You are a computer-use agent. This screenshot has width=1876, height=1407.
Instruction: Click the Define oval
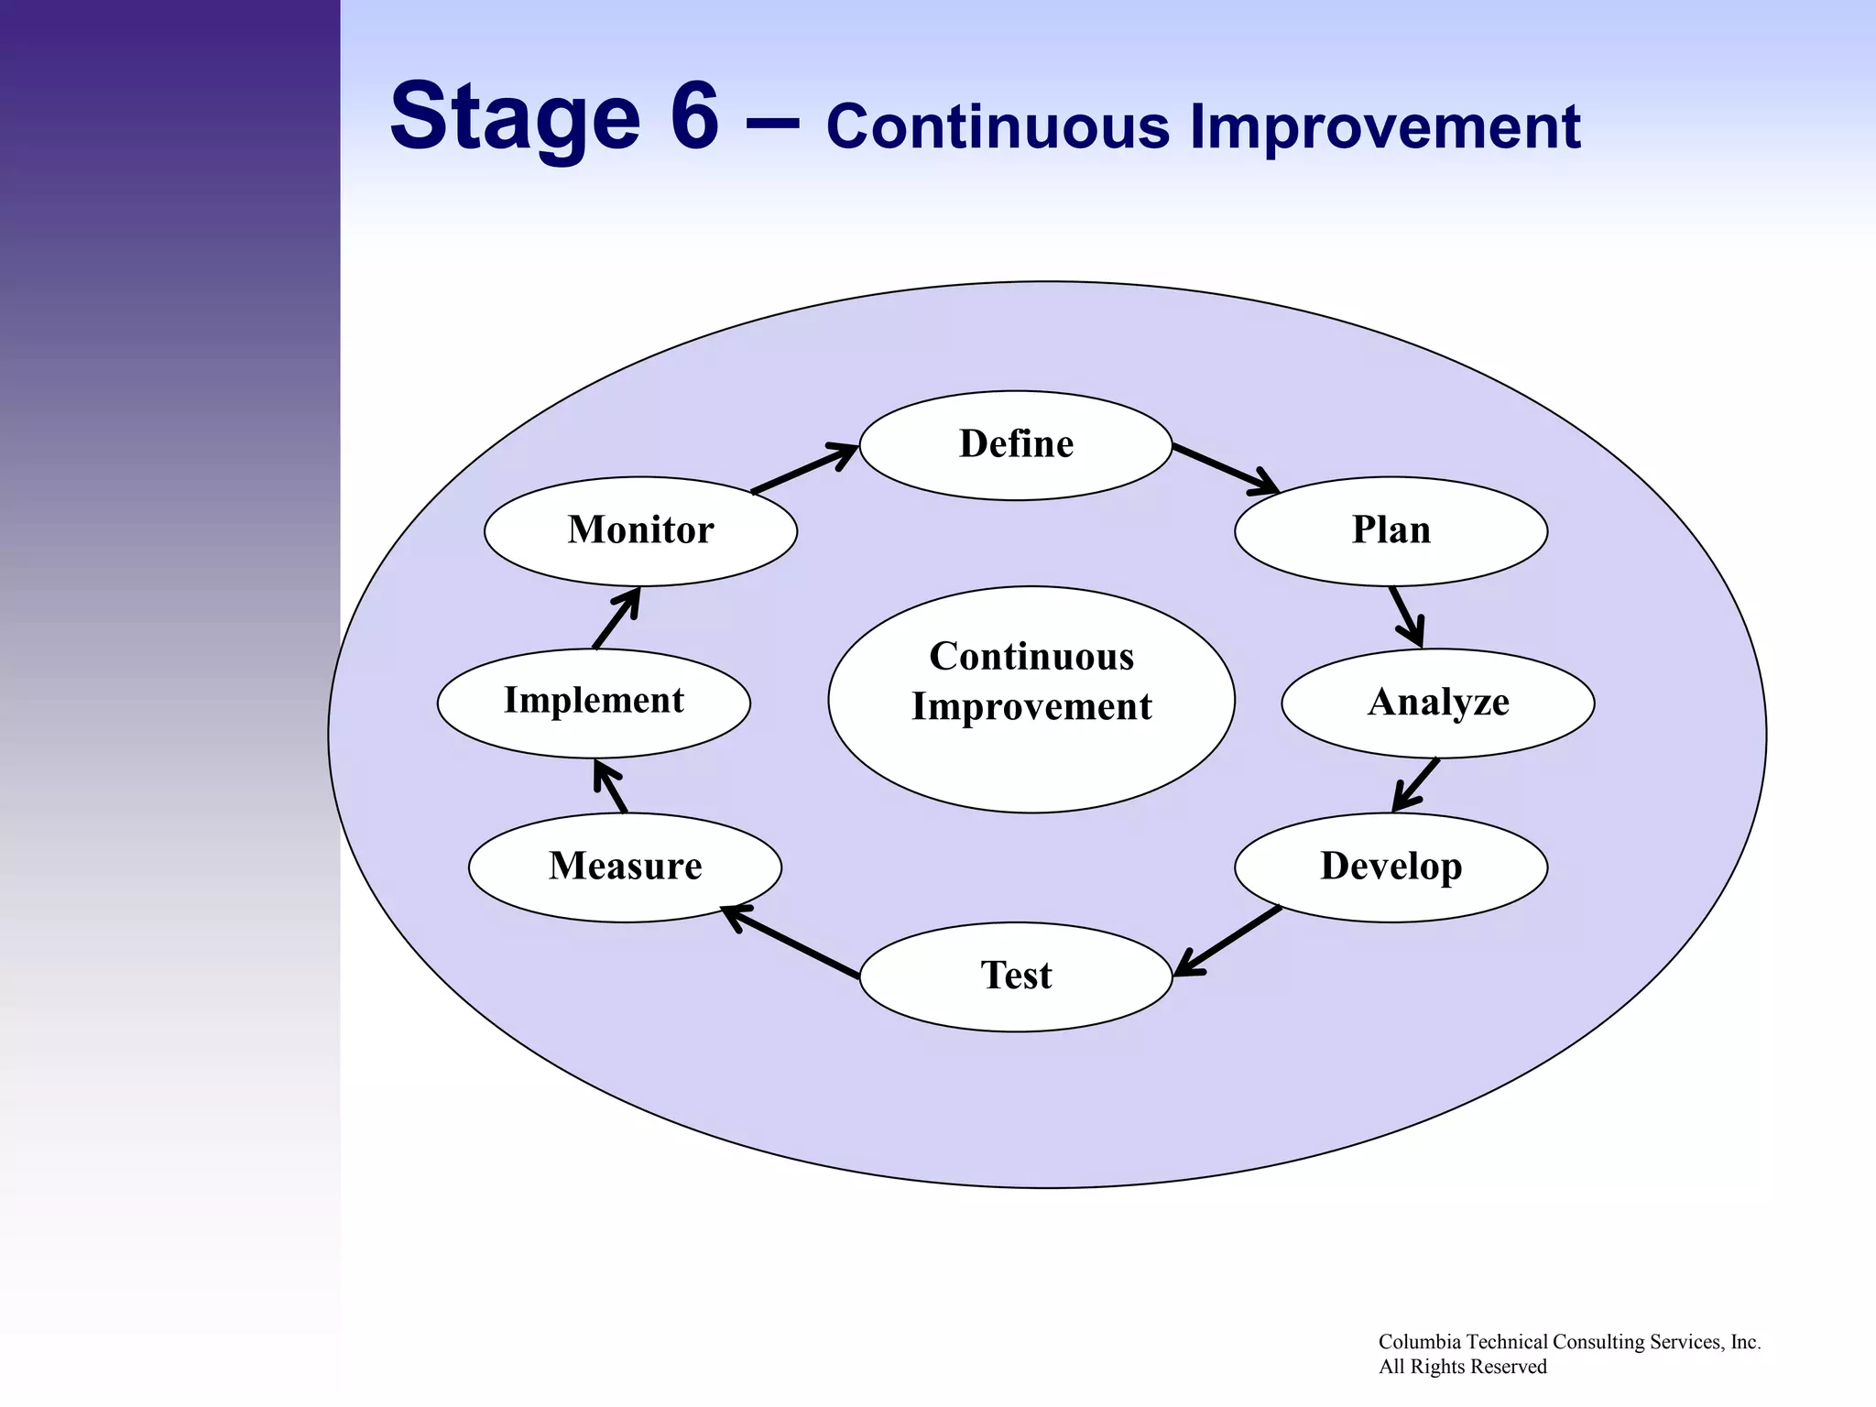tap(1016, 445)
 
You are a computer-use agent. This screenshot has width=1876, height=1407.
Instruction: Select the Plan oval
tap(1391, 531)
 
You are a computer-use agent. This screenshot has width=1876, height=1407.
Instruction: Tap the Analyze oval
tap(1437, 703)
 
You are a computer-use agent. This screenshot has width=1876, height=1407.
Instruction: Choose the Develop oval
tap(1391, 867)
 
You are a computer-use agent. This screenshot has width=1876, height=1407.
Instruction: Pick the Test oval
tap(1016, 976)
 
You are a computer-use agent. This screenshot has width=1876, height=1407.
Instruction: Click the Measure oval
tap(625, 867)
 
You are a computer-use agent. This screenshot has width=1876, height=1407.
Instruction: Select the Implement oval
tap(594, 702)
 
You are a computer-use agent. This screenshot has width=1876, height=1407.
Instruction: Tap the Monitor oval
tap(640, 531)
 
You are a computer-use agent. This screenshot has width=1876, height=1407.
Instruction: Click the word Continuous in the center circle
tap(1031, 657)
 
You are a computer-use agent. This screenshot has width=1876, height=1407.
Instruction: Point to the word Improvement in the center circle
tap(1031, 707)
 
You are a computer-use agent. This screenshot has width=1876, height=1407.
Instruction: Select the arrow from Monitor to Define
tap(803, 469)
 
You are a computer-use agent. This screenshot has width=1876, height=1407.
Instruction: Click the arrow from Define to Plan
tap(1225, 469)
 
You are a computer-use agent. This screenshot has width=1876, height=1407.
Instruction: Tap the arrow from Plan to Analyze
tap(1406, 616)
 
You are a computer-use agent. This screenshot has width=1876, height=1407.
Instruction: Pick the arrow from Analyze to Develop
tap(1416, 785)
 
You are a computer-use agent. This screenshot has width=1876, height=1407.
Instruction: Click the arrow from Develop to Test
tap(1227, 941)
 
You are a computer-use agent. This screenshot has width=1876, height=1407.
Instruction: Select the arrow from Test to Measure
tap(791, 943)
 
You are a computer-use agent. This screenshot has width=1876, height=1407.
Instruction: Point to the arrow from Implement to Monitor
tap(616, 618)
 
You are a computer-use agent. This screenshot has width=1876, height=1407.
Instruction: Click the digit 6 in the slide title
tap(694, 117)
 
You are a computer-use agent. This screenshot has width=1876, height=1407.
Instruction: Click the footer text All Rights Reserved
tap(1463, 1367)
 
